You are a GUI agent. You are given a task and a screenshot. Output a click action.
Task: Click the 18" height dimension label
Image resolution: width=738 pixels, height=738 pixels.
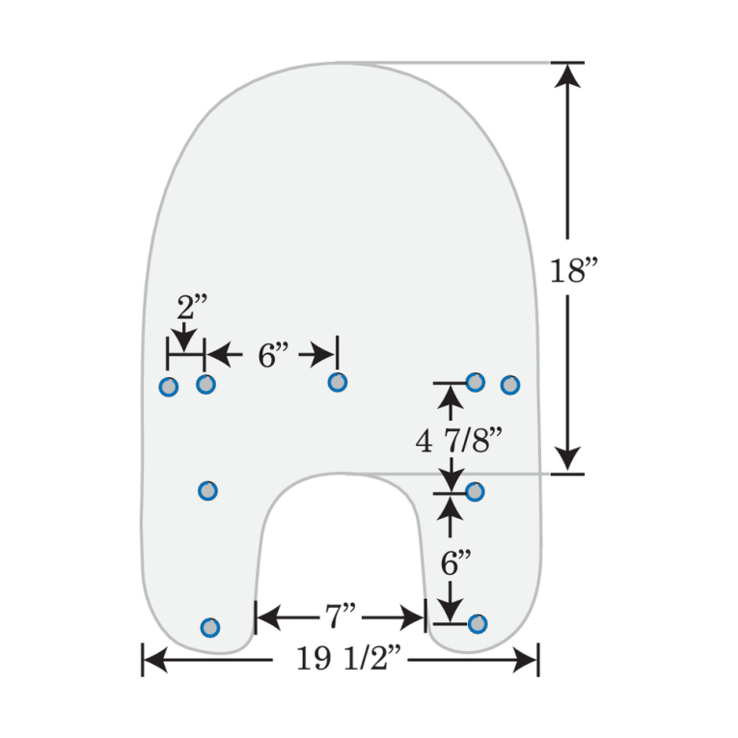coord(575,271)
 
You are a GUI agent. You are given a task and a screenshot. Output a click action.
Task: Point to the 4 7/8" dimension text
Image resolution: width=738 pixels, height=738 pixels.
coord(460,441)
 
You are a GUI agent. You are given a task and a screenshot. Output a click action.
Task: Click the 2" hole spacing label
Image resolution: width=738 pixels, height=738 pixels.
coord(192,309)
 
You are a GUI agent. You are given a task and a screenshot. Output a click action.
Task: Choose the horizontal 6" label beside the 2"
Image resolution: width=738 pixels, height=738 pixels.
coord(273,355)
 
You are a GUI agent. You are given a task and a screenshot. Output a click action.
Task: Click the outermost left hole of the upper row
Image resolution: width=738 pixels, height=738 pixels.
coord(168,387)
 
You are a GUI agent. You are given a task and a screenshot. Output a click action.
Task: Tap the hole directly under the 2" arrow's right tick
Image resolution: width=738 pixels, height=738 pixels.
coord(205,385)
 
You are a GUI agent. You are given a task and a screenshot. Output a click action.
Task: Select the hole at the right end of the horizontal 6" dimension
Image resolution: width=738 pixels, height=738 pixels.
coord(337,382)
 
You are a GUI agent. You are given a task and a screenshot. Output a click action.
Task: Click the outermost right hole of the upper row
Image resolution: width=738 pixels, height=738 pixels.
coord(510,385)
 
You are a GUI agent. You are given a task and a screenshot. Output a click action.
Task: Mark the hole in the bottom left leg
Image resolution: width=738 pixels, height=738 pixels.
coord(209,628)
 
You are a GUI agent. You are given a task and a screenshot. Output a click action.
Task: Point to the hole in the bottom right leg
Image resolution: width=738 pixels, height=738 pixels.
coord(477,623)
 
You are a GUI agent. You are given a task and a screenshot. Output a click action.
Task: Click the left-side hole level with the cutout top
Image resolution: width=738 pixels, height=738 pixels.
coord(207,491)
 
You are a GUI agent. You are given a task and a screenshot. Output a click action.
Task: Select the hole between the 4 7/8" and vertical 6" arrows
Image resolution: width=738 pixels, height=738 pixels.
coord(475,492)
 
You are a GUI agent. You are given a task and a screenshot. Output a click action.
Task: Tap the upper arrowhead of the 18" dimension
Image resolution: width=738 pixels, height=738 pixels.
coord(568,76)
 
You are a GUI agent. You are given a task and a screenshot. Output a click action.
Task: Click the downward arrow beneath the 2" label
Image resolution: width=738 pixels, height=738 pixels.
coord(184,341)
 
